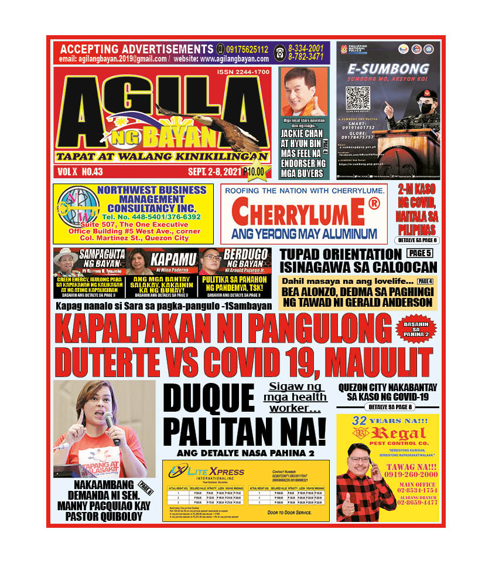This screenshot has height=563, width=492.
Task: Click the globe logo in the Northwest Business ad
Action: tap(75, 213)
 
